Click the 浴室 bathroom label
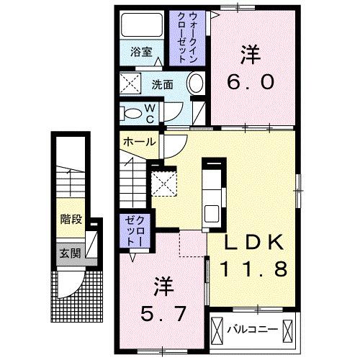141,52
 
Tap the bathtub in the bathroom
142,27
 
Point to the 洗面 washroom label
162,84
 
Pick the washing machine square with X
131,85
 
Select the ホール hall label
138,141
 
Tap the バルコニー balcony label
251,330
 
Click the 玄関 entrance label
70,253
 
